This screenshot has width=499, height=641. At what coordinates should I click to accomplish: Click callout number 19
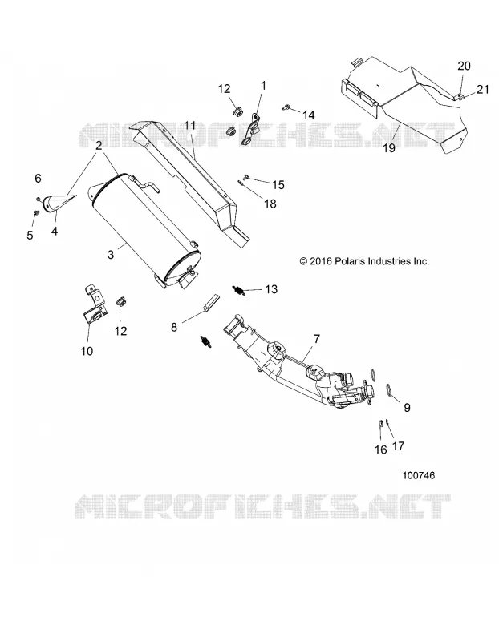pyautogui.click(x=389, y=147)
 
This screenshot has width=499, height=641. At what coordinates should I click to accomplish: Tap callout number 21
pyautogui.click(x=483, y=89)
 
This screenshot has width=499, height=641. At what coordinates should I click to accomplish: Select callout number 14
pyautogui.click(x=308, y=115)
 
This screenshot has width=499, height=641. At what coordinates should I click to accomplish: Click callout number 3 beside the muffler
pyautogui.click(x=111, y=254)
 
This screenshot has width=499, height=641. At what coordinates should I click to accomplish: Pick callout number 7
pyautogui.click(x=317, y=339)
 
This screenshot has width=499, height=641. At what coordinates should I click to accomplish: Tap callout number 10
pyautogui.click(x=87, y=351)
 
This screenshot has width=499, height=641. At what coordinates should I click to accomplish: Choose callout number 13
pyautogui.click(x=271, y=289)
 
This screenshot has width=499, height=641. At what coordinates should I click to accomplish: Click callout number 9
pyautogui.click(x=407, y=407)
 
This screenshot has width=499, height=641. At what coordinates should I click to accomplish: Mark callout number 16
pyautogui.click(x=381, y=450)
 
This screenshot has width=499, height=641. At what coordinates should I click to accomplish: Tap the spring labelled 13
pyautogui.click(x=239, y=290)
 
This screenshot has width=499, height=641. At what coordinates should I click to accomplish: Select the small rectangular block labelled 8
pyautogui.click(x=210, y=303)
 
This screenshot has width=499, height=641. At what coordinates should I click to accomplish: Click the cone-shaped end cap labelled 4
pyautogui.click(x=59, y=202)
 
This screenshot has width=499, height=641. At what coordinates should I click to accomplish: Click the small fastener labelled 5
pyautogui.click(x=35, y=213)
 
